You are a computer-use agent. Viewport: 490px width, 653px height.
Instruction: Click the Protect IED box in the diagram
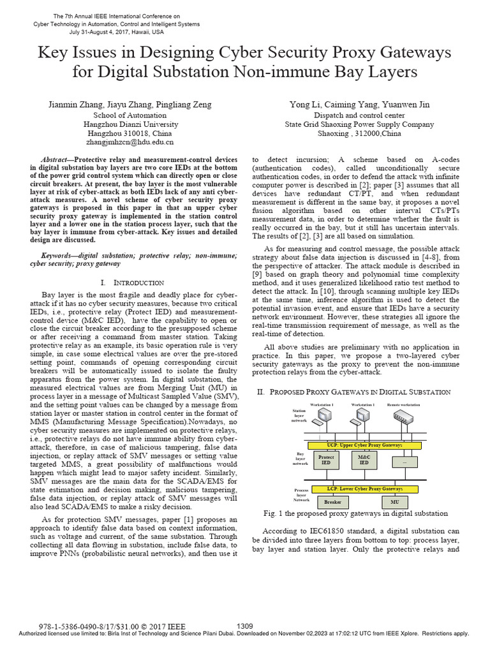tap(326, 460)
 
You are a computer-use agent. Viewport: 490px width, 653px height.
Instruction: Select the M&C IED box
tap(364, 460)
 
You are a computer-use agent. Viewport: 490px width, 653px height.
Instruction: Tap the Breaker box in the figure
tap(332, 503)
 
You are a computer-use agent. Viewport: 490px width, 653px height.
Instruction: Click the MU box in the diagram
tap(395, 503)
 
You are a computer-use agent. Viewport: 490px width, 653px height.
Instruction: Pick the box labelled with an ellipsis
tap(403, 460)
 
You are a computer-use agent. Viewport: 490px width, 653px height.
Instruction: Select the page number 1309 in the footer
tap(246, 626)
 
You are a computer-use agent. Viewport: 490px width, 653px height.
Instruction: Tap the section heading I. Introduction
tap(132, 282)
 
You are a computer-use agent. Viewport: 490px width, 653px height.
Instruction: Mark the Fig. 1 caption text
tap(355, 513)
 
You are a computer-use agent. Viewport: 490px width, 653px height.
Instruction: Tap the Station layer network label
tap(299, 416)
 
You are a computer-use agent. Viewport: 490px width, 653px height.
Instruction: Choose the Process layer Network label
tap(301, 495)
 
